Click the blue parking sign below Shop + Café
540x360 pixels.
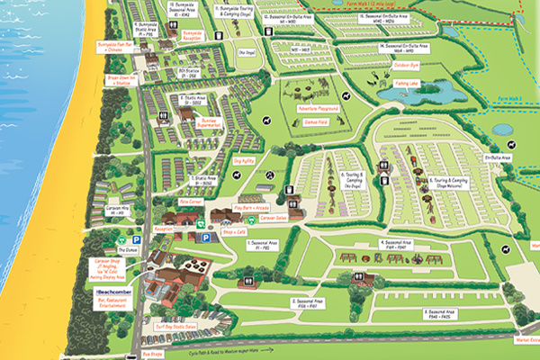pyautogui.click(x=204, y=237)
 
